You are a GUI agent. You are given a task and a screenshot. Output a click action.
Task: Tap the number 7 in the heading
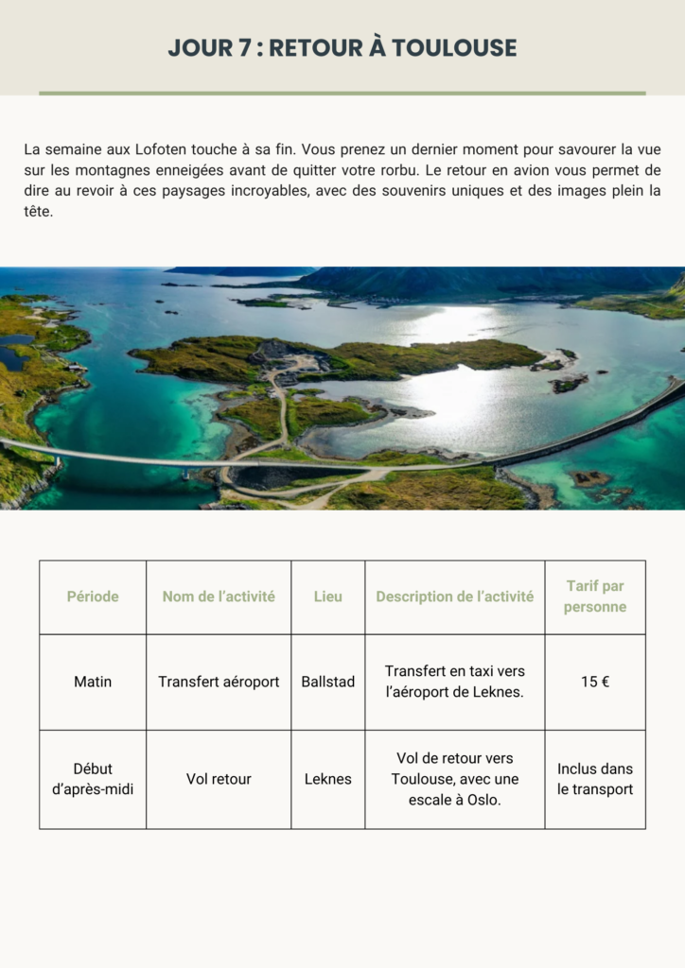tap(232, 48)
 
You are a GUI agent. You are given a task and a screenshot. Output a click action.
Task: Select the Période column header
tap(93, 596)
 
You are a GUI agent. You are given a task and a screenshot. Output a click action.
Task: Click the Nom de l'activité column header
tap(219, 596)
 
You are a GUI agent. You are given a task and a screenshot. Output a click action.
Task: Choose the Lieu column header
tap(328, 596)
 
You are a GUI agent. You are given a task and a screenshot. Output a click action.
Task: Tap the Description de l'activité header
tap(454, 596)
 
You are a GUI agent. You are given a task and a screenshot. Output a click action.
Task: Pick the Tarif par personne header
tap(595, 596)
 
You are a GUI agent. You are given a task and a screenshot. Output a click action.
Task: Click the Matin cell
tap(93, 682)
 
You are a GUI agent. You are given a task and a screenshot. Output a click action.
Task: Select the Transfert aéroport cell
tap(219, 682)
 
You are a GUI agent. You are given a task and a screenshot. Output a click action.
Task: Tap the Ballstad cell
tap(328, 682)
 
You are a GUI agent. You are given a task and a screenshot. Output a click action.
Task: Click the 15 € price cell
tap(595, 682)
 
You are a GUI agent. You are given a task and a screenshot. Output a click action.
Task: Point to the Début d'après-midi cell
tap(93, 779)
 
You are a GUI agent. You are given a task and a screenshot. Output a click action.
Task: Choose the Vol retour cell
tap(219, 779)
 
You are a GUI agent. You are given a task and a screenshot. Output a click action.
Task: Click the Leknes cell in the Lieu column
tap(328, 779)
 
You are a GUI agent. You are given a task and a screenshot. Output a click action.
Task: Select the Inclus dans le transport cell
tap(595, 779)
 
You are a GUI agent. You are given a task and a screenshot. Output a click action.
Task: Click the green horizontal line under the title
tap(342, 94)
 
